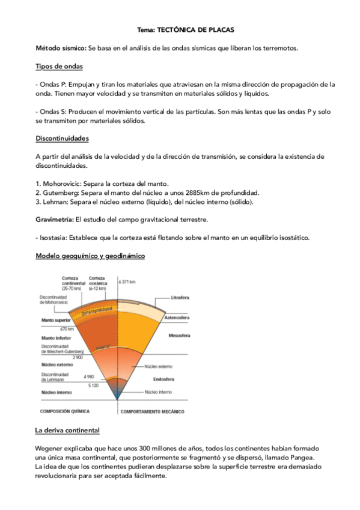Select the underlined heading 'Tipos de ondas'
point(59,66)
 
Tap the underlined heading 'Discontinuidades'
point(63,138)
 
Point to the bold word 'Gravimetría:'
point(55,220)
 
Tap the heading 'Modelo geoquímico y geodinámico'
point(90,256)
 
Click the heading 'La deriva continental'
point(67,431)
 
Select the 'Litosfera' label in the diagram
point(180,298)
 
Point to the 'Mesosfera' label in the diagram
point(179,336)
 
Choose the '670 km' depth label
point(67,329)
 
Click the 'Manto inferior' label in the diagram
point(56,338)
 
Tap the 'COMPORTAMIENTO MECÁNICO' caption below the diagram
point(156,412)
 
